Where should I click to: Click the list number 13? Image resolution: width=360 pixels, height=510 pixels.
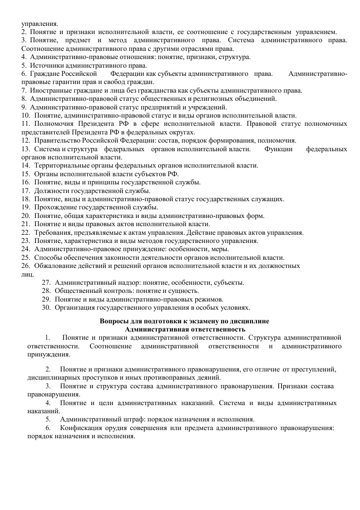click(25, 149)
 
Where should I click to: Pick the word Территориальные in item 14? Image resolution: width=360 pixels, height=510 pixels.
click(61, 166)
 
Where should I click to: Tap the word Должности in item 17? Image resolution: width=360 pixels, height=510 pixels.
click(50, 191)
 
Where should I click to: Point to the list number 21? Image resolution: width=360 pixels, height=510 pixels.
click(25, 224)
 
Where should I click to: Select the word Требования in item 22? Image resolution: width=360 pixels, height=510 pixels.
click(52, 233)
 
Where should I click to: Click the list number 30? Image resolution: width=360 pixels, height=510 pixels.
click(45, 307)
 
